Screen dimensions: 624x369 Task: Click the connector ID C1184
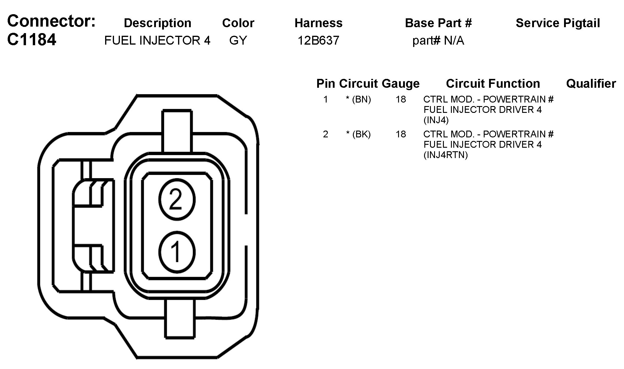tap(32, 40)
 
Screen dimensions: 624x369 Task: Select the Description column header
tap(157, 23)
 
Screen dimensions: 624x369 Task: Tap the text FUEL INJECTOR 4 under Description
tap(157, 40)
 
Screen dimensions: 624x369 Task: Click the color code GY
tap(238, 40)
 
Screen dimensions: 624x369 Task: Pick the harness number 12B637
tap(318, 40)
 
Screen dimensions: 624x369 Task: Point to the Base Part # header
tap(438, 23)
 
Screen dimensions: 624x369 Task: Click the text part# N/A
tap(438, 41)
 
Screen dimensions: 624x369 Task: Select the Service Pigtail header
tap(558, 23)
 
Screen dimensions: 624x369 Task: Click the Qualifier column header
tap(591, 84)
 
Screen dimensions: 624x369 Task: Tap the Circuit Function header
tap(493, 84)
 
